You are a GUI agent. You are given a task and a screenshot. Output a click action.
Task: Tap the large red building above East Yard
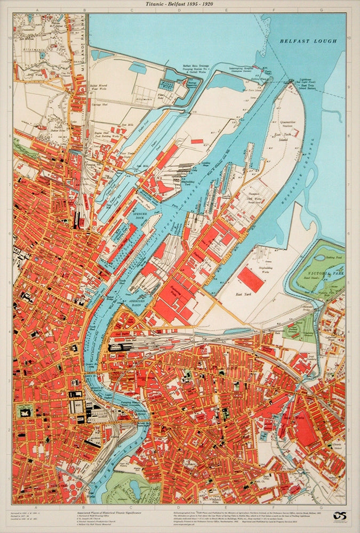(250, 279)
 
